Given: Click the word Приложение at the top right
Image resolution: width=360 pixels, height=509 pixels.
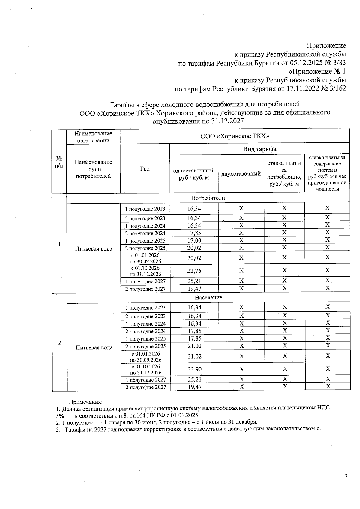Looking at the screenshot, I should pos(326,46).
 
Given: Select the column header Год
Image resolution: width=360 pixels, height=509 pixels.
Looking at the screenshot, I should pos(145,169).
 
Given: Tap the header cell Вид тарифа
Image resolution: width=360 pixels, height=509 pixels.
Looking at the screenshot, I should pos(259,149).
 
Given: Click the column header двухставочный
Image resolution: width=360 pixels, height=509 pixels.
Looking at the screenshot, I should pos(241,174).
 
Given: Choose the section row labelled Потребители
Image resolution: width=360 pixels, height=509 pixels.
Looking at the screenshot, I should pos(208,198).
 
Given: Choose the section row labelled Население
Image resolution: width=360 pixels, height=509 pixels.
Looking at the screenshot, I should pos(208,297).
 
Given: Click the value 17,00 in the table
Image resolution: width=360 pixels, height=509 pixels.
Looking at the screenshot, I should pos(194,240).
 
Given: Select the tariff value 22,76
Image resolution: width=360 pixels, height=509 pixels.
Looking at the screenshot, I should pos(194,271).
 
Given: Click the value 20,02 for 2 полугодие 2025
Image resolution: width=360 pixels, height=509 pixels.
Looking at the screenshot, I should pos(194,248).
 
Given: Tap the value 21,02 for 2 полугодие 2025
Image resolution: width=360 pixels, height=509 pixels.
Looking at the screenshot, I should pos(194,346).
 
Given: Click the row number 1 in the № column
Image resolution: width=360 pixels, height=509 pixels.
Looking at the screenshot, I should pos(59,244).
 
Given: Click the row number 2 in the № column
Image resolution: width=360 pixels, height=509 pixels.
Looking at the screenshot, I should pos(60,343).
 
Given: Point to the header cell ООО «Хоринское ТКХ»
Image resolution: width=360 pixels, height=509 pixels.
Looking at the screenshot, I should pos(235,136).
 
